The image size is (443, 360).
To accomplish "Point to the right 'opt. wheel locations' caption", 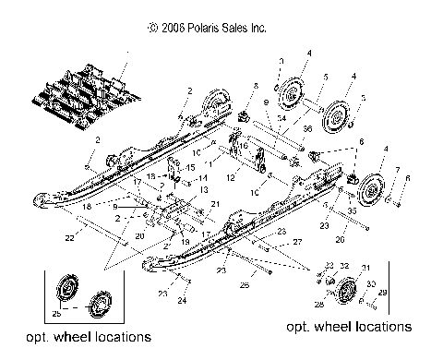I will (348, 327).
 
